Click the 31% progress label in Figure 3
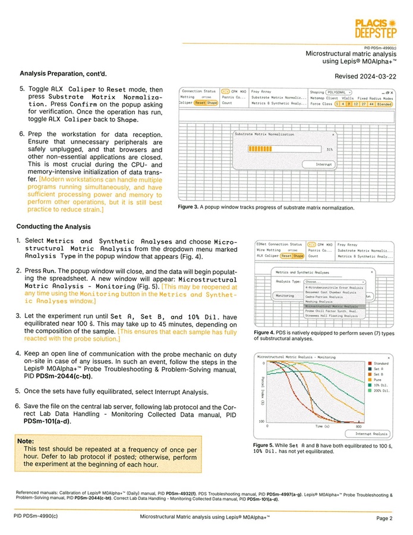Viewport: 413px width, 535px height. point(329,150)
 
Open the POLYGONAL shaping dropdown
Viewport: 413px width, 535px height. point(339,92)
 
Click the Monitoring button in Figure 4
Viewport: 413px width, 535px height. point(285,295)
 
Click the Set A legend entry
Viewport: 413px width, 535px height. point(379,369)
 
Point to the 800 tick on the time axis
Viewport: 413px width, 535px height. point(358,427)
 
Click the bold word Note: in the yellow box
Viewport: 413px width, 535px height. point(26,441)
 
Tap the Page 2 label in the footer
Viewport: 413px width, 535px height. point(384,518)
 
